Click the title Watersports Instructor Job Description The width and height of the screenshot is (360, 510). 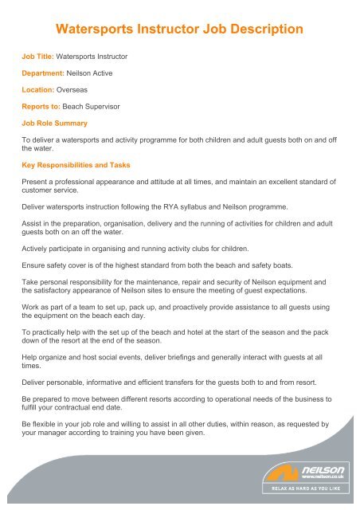(x=179, y=30)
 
